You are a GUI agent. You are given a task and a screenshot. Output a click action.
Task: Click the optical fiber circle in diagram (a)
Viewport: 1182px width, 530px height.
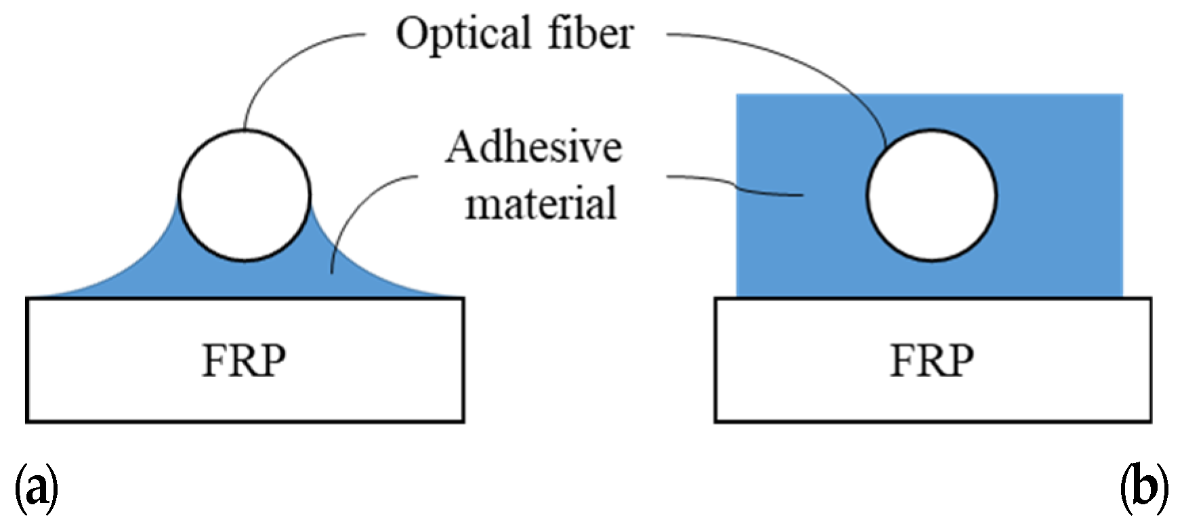click(245, 194)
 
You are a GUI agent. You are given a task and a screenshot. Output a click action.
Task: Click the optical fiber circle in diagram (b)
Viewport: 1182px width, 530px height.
click(931, 195)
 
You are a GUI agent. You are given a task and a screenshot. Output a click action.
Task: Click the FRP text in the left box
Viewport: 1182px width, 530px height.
click(244, 361)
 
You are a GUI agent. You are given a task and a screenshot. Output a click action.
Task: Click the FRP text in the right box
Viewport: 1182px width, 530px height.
click(931, 361)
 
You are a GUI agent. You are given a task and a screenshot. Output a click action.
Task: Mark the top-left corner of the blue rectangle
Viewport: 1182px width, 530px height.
click(738, 95)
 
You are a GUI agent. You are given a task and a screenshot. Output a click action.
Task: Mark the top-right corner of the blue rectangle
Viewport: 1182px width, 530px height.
click(1122, 95)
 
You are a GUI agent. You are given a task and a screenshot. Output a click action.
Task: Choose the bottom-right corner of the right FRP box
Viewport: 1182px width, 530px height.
click(1150, 421)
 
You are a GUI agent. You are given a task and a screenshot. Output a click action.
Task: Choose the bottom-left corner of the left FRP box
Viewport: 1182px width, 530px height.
click(27, 421)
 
